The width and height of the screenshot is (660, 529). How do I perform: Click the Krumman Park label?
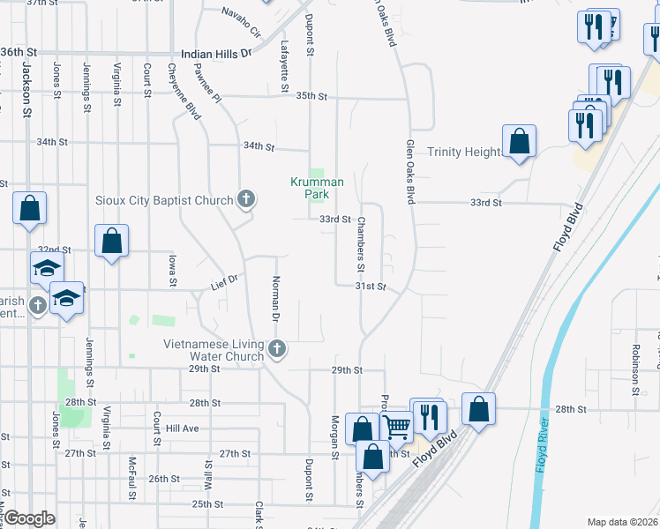tap(318, 188)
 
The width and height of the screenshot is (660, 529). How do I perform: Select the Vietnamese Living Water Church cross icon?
tap(277, 349)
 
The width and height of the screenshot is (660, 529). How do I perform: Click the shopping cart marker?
tap(398, 428)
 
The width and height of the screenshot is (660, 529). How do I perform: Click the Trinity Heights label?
tap(463, 152)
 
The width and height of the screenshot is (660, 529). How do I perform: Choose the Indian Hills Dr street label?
tap(216, 54)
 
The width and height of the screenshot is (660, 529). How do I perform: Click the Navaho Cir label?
tap(242, 22)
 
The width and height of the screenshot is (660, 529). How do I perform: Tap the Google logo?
tap(29, 519)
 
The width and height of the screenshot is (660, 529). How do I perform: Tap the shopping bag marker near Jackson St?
tap(30, 209)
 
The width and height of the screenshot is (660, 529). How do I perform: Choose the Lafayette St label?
tap(284, 66)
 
